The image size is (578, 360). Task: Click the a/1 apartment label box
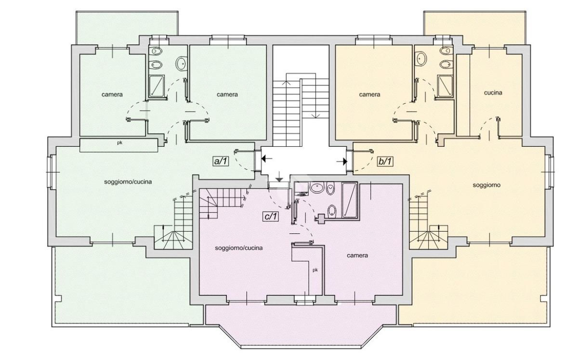click(221, 161)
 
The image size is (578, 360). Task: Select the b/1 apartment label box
click(385, 161)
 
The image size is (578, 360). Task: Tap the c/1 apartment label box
click(271, 217)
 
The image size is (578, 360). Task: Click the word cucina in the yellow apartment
click(493, 92)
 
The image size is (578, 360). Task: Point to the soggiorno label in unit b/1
click(486, 185)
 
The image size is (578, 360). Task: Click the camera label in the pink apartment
click(357, 255)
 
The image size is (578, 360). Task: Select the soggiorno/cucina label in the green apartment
click(128, 182)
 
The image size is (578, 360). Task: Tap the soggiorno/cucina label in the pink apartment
click(239, 248)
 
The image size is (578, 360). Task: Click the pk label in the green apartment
click(119, 142)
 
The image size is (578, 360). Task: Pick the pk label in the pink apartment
click(315, 270)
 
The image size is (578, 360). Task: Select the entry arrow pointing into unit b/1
click(342, 162)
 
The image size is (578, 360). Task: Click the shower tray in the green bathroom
click(157, 86)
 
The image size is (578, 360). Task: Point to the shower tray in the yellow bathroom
click(445, 86)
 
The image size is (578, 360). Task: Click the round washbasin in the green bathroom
click(182, 63)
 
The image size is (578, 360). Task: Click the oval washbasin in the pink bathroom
click(317, 188)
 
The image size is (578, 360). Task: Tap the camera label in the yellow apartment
click(369, 94)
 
